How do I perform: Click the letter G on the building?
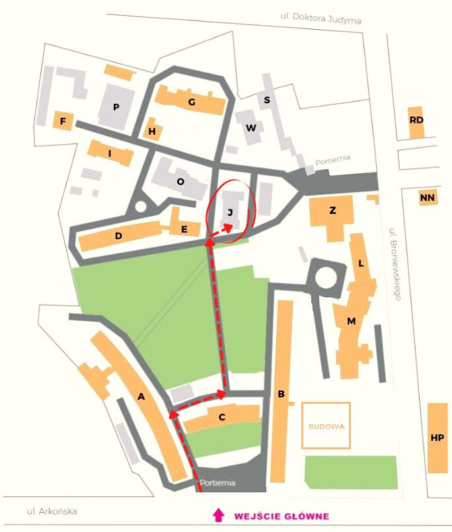point(192,102)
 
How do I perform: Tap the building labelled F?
point(63,122)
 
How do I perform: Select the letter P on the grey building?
point(116,107)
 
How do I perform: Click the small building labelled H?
point(153,132)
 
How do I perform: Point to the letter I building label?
point(110,153)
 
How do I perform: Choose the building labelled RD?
point(416,120)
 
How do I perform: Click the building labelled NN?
point(428,197)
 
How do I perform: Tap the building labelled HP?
point(437,437)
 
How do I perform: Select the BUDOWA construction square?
point(326,426)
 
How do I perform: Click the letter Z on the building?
point(332,211)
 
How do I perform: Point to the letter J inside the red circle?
point(230,212)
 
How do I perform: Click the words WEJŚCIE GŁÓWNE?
point(282,515)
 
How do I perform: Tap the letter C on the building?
point(222,416)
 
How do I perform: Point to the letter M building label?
point(352,321)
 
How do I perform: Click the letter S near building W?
point(267,100)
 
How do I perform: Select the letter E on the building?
point(184,229)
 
